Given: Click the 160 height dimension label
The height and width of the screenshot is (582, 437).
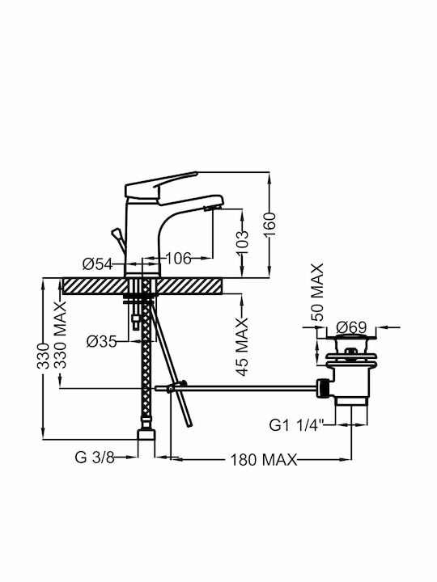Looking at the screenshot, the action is pos(271,224).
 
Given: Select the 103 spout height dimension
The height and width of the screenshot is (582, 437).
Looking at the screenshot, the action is pos(242,242).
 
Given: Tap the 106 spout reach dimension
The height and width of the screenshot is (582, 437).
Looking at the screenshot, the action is pos(178,258).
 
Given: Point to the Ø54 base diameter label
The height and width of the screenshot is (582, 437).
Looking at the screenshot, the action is pos(97,264).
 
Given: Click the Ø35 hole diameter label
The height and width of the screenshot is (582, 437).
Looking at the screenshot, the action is pos(101,341).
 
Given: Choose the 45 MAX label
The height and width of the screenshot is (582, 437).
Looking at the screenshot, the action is pos(242,347).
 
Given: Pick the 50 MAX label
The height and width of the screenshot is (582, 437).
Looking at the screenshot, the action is pos(317,292).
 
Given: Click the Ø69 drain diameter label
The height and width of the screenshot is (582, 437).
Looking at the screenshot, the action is pos(351,327).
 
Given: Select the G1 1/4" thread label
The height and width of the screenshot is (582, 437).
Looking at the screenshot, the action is pos(297,425).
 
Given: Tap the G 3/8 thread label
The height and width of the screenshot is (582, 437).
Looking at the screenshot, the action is pos(95,457).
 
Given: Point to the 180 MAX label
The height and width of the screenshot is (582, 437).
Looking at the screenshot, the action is pos(264,459).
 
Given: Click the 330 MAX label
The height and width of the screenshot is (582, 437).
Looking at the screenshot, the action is pos(60,335).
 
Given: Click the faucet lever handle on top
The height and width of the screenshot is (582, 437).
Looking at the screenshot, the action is pos(160,186).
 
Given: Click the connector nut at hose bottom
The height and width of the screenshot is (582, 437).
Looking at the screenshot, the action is pos(146,435).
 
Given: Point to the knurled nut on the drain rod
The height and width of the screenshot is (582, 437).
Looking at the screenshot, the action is pos(323,389).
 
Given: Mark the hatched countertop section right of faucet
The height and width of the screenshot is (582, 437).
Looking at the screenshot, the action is pos(189,286).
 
